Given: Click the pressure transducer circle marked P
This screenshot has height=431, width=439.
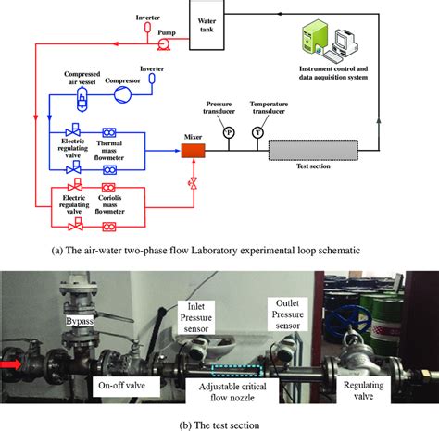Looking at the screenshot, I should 229,133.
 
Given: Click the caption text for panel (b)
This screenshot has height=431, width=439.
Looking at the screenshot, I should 219,423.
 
